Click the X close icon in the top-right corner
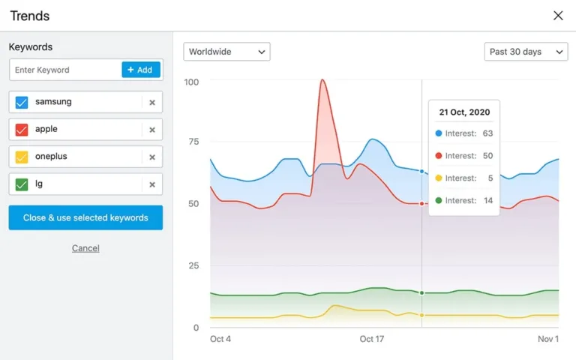[558, 16]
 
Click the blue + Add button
[141, 70]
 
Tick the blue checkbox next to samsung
[22, 102]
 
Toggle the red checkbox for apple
[22, 130]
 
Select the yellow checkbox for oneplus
[22, 157]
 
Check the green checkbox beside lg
[22, 184]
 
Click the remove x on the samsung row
[152, 103]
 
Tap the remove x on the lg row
[152, 184]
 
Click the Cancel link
[85, 248]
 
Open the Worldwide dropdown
[226, 52]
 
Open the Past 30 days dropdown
[526, 52]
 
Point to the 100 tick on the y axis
[191, 81]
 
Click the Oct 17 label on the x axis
[372, 339]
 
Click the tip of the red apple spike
[322, 79]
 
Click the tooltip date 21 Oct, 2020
[464, 112]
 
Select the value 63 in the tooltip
[487, 133]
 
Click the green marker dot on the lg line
[421, 292]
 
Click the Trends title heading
[30, 16]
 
